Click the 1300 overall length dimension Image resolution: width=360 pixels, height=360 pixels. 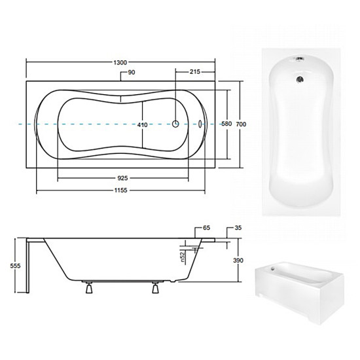[120, 62]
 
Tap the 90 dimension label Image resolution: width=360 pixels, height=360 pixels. [132, 72]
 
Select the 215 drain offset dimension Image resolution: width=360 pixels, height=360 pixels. [194, 72]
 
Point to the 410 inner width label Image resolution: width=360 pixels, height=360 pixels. [143, 125]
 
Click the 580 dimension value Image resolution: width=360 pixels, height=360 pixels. [226, 124]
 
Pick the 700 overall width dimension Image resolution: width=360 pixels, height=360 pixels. [241, 124]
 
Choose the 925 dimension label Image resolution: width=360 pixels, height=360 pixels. [122, 178]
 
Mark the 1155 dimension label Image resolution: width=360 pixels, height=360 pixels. [121, 190]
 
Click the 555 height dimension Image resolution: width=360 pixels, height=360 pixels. [16, 266]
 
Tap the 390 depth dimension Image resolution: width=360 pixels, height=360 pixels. [238, 261]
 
